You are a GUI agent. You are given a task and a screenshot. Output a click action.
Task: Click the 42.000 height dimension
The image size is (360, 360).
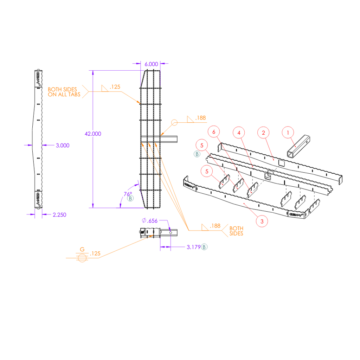click(93, 134)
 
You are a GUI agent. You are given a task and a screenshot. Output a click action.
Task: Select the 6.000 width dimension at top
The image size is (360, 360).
click(151, 64)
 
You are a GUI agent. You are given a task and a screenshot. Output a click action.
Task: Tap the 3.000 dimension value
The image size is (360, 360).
click(63, 145)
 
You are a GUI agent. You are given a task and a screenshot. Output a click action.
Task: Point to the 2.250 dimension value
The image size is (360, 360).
click(59, 214)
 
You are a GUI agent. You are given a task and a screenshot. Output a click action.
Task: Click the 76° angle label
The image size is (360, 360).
click(128, 194)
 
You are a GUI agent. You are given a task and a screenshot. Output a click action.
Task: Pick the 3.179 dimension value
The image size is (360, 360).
click(193, 247)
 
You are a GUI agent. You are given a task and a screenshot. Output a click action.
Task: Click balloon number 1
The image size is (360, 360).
click(288, 133)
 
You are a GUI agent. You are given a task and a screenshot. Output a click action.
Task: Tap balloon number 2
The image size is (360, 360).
click(263, 133)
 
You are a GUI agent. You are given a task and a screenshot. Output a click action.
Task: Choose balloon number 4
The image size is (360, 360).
click(239, 133)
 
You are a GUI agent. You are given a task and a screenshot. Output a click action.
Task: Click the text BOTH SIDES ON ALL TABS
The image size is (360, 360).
click(64, 92)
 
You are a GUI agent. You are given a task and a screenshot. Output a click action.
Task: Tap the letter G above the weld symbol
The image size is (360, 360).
click(82, 249)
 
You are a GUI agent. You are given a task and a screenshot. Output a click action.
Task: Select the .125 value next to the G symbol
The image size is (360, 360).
click(95, 253)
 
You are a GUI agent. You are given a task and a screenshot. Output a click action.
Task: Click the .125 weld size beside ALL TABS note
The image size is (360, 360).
click(115, 87)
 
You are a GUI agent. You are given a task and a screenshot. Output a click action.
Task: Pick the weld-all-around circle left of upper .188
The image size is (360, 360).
click(174, 123)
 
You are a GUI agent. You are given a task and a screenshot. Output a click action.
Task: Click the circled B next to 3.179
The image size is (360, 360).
click(204, 247)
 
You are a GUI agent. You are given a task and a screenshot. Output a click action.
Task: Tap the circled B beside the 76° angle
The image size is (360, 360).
click(130, 199)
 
